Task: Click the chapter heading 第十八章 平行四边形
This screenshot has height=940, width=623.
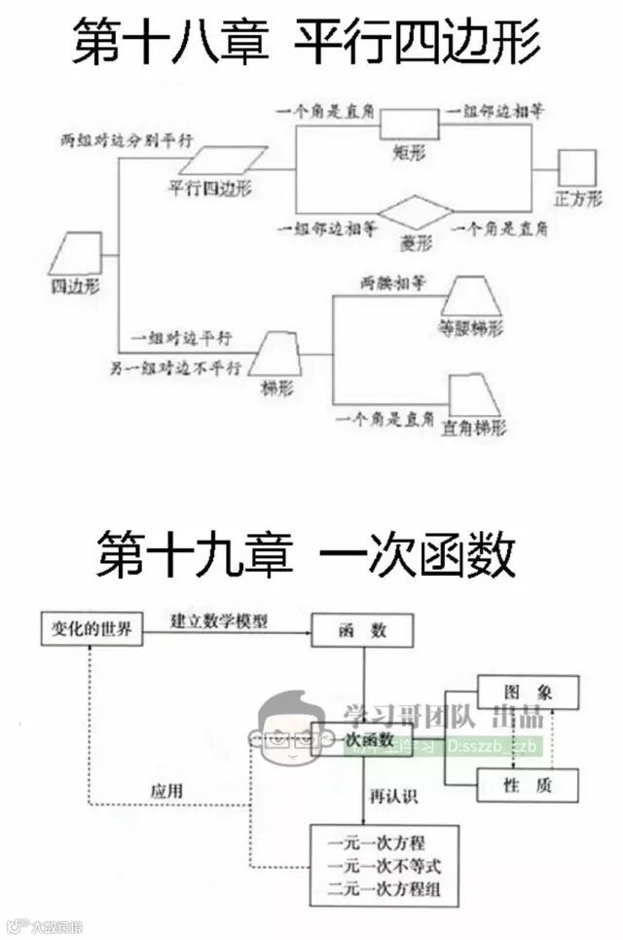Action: point(306,42)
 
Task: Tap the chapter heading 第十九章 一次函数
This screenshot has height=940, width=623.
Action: point(306,557)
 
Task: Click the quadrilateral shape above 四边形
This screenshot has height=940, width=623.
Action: point(76,254)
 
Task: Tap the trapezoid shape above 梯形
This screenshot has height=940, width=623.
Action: point(276,353)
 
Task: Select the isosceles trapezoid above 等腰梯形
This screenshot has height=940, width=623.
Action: point(470,295)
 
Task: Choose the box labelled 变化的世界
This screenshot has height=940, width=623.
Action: point(91,630)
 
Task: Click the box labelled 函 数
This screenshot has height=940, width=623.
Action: point(363,630)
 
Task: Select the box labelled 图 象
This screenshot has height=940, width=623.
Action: point(528,692)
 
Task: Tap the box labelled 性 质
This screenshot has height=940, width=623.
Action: point(528,784)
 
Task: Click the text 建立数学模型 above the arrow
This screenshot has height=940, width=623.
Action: point(218,620)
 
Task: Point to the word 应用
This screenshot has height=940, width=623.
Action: point(166,791)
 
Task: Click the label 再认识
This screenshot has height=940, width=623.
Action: point(393,796)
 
